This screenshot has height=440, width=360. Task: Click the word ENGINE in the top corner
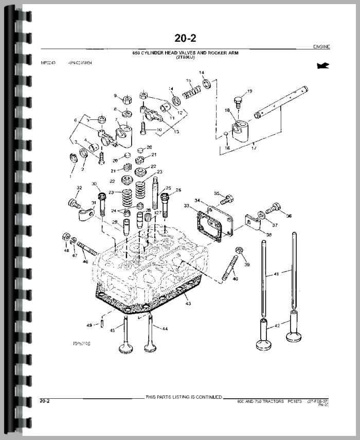(321, 47)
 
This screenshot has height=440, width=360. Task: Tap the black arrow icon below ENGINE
(323, 65)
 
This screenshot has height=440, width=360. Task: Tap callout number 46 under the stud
(85, 262)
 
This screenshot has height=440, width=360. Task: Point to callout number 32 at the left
(79, 187)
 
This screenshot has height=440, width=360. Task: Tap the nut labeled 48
(66, 237)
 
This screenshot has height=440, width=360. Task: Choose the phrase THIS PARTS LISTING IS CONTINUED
(184, 397)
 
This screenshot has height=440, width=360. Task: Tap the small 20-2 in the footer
(45, 400)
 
